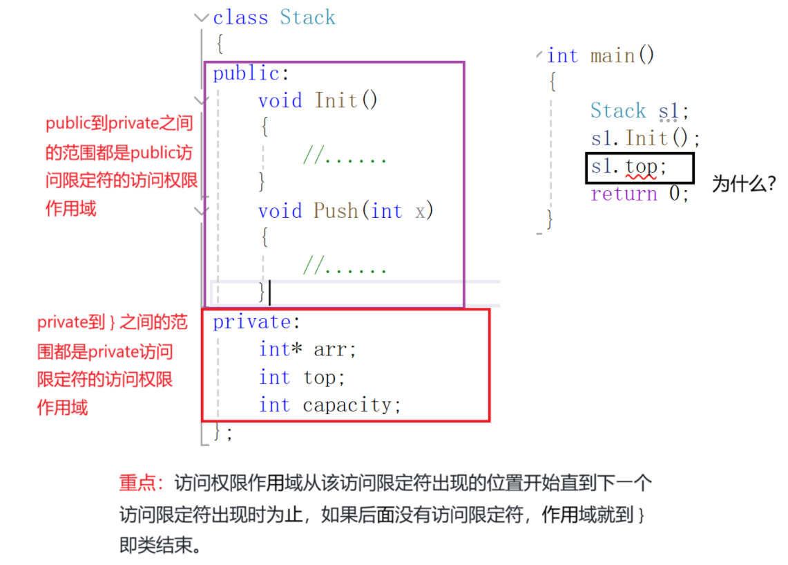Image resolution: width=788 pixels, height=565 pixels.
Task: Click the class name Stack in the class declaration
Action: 307,17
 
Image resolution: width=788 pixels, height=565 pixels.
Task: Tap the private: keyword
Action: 252,322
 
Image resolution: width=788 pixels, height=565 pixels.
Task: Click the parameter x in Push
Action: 421,211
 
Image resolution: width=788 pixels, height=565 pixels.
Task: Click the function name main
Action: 613,55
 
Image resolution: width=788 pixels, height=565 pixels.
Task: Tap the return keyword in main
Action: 624,194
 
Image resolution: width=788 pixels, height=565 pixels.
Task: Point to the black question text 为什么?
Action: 743,185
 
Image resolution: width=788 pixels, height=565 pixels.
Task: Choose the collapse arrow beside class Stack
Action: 202,18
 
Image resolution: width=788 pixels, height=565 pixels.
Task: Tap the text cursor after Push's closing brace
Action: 269,293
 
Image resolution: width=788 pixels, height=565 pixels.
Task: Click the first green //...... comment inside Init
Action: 345,156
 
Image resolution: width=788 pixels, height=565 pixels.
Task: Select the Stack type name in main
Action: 617,111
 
